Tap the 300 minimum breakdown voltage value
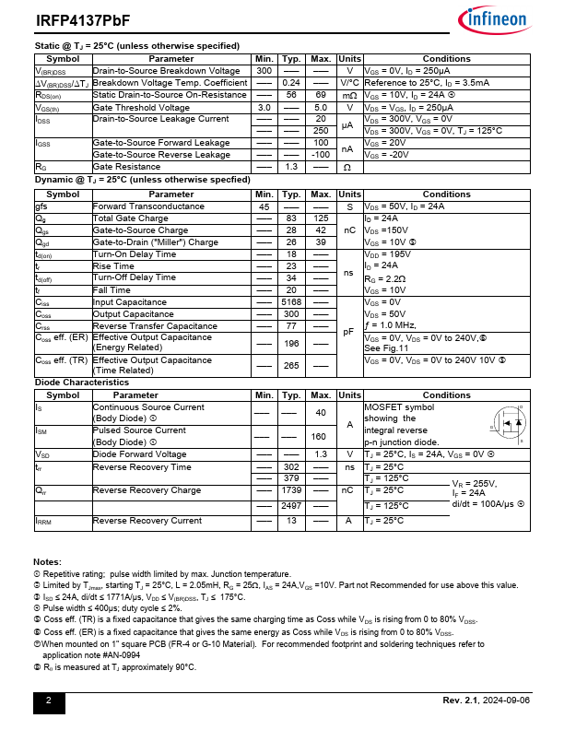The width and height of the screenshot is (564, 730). click(264, 71)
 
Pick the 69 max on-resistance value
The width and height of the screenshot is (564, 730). click(321, 95)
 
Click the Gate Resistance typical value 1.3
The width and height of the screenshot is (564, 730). click(292, 167)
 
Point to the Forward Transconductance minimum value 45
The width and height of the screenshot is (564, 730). click(264, 206)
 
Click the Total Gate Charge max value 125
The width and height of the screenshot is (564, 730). click(321, 218)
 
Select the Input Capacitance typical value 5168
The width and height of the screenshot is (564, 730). click(292, 302)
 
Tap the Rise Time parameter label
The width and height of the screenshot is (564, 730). click(113, 266)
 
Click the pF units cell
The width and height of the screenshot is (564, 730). click(349, 332)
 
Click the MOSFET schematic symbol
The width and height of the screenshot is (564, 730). click(506, 425)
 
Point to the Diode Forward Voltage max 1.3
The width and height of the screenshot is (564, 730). click(321, 454)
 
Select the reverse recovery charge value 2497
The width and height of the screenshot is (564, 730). click(292, 506)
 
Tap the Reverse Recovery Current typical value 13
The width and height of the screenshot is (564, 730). click(292, 521)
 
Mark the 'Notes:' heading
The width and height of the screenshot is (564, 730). click(47, 562)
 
